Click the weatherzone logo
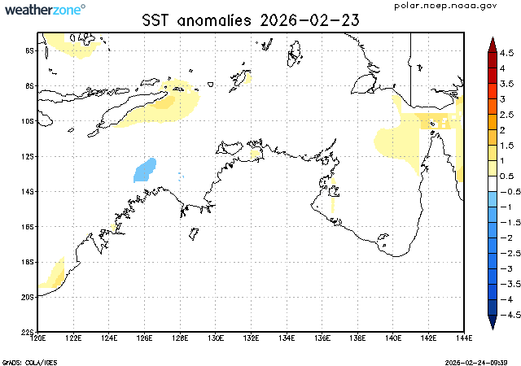[x=46, y=9]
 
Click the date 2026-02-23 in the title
[x=309, y=20]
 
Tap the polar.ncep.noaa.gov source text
[x=445, y=6]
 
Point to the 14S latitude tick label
[x=29, y=192]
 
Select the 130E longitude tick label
[x=215, y=338]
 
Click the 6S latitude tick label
[x=30, y=50]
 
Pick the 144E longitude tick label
[x=464, y=338]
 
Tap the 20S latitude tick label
[x=29, y=297]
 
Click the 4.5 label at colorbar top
[x=507, y=53]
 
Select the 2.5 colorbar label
[x=507, y=115]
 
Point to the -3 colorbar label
[x=507, y=268]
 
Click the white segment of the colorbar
[x=493, y=184]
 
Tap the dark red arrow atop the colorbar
[x=493, y=45]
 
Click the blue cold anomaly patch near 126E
[x=145, y=171]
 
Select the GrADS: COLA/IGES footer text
[x=29, y=363]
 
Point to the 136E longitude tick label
[x=322, y=338]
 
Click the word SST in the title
[x=155, y=20]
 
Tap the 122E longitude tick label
[x=73, y=338]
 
